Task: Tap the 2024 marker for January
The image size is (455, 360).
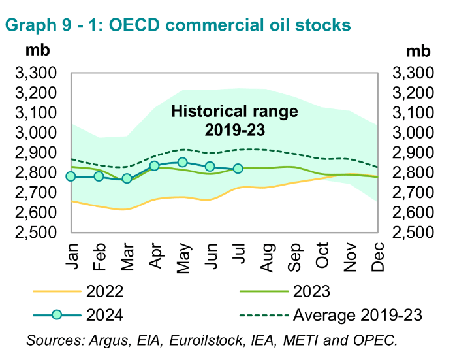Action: (x=71, y=176)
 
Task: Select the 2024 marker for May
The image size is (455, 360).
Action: (x=182, y=162)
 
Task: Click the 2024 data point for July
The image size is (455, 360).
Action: (x=238, y=169)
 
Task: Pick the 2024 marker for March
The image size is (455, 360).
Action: (x=127, y=178)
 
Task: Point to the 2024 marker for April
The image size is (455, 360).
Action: (x=155, y=166)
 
